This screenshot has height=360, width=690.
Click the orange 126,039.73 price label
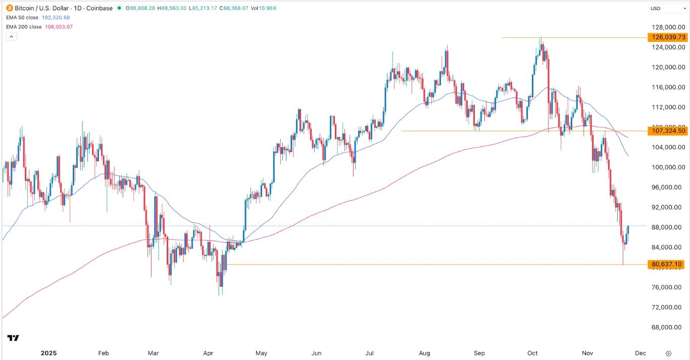click(x=667, y=37)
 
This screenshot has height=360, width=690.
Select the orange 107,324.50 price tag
click(x=667, y=131)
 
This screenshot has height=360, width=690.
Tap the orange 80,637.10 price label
click(x=667, y=264)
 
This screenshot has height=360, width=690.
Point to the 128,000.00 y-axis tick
click(x=667, y=27)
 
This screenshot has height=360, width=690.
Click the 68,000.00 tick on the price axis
click(x=667, y=327)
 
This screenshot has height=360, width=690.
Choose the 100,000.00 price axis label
click(x=667, y=167)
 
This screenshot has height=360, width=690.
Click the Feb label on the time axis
click(x=104, y=353)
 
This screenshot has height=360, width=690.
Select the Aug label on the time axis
click(x=425, y=353)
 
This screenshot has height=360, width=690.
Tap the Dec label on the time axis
click(x=640, y=353)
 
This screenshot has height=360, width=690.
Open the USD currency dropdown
click(x=666, y=8)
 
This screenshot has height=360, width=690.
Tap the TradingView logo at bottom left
click(x=14, y=338)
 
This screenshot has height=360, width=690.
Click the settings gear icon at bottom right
click(x=668, y=353)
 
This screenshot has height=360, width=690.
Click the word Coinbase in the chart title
click(x=98, y=8)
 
